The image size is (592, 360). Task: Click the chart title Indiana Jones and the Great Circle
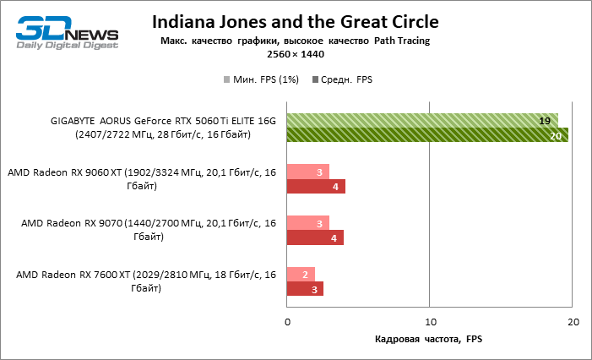pos(295,21)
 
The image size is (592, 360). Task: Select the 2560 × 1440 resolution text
pos(295,54)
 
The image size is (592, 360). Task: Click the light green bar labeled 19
pos(422,120)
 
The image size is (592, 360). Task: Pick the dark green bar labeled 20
pos(427,135)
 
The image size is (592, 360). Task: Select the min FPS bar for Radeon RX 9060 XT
pos(308,172)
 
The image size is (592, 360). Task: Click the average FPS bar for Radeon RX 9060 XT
pos(316,187)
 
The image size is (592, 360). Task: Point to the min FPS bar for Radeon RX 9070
pos(308,223)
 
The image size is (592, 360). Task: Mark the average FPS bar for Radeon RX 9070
pos(315,238)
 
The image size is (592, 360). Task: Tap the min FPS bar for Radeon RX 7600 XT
pos(301,275)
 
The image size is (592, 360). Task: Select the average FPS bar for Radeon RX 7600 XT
pos(306,290)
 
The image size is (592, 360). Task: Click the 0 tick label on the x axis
pos(288,323)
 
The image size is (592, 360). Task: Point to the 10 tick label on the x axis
pos(430,323)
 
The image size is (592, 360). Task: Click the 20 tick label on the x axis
pos(573,323)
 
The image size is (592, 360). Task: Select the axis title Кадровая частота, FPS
pos(429,340)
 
